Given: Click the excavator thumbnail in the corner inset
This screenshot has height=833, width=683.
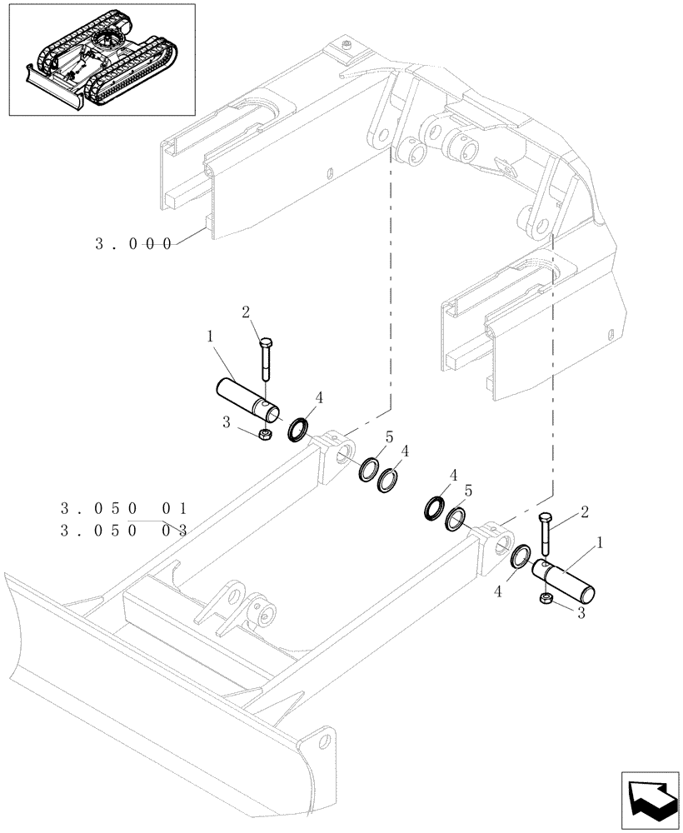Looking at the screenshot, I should click(x=102, y=60).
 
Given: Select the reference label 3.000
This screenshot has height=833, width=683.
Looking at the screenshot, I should click(x=133, y=244).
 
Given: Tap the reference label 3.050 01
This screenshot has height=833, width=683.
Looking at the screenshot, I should click(x=125, y=507).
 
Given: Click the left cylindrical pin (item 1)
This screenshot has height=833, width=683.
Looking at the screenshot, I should click(x=248, y=398).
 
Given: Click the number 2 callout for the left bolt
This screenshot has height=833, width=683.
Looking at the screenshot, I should click(x=246, y=312).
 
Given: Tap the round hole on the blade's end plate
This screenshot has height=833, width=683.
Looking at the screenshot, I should click(x=322, y=741).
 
